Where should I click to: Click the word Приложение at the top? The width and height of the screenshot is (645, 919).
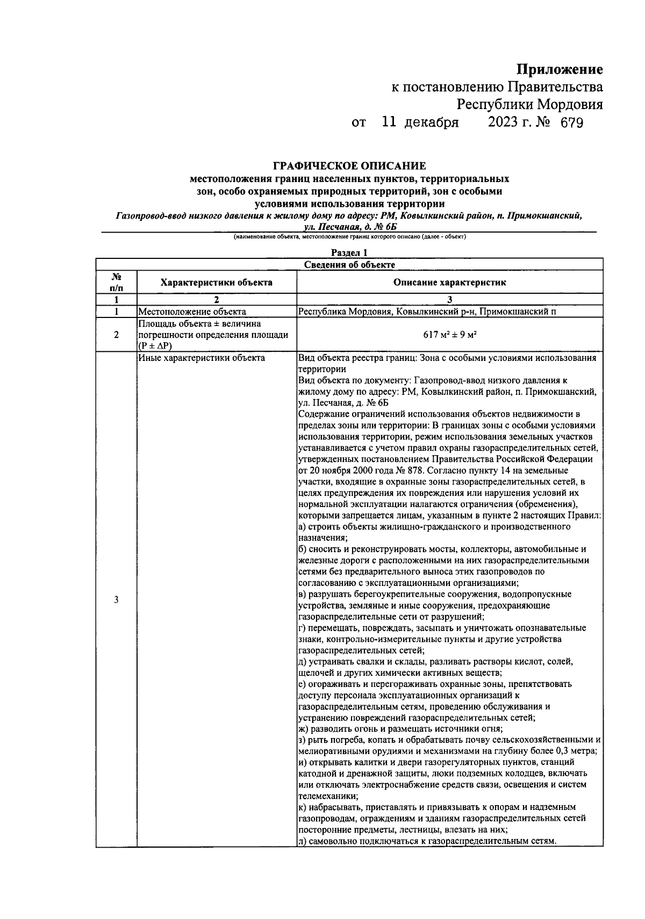pyautogui.click(x=560, y=69)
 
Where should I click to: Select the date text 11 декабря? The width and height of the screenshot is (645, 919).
pyautogui.click(x=420, y=123)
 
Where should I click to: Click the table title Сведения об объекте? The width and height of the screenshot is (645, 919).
pyautogui.click(x=349, y=264)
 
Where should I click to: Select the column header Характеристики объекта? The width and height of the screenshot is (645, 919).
pyautogui.click(x=217, y=282)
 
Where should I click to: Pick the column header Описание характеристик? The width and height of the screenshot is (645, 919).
pyautogui.click(x=449, y=282)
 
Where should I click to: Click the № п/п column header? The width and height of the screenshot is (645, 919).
pyautogui.click(x=116, y=282)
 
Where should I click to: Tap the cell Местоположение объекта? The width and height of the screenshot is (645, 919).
pyautogui.click(x=192, y=312)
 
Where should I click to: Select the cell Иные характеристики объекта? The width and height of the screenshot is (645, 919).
pyautogui.click(x=201, y=358)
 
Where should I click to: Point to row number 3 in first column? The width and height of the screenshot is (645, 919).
pyautogui.click(x=116, y=600)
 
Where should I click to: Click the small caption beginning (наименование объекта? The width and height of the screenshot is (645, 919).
pyautogui.click(x=349, y=237)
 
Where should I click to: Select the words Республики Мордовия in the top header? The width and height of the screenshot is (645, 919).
pyautogui.click(x=529, y=104)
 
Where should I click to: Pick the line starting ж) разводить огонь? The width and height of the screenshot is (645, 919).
pyautogui.click(x=400, y=729)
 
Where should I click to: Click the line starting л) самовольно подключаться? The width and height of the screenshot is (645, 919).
pyautogui.click(x=426, y=841)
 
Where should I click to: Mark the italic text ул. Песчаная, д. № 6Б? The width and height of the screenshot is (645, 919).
pyautogui.click(x=349, y=227)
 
